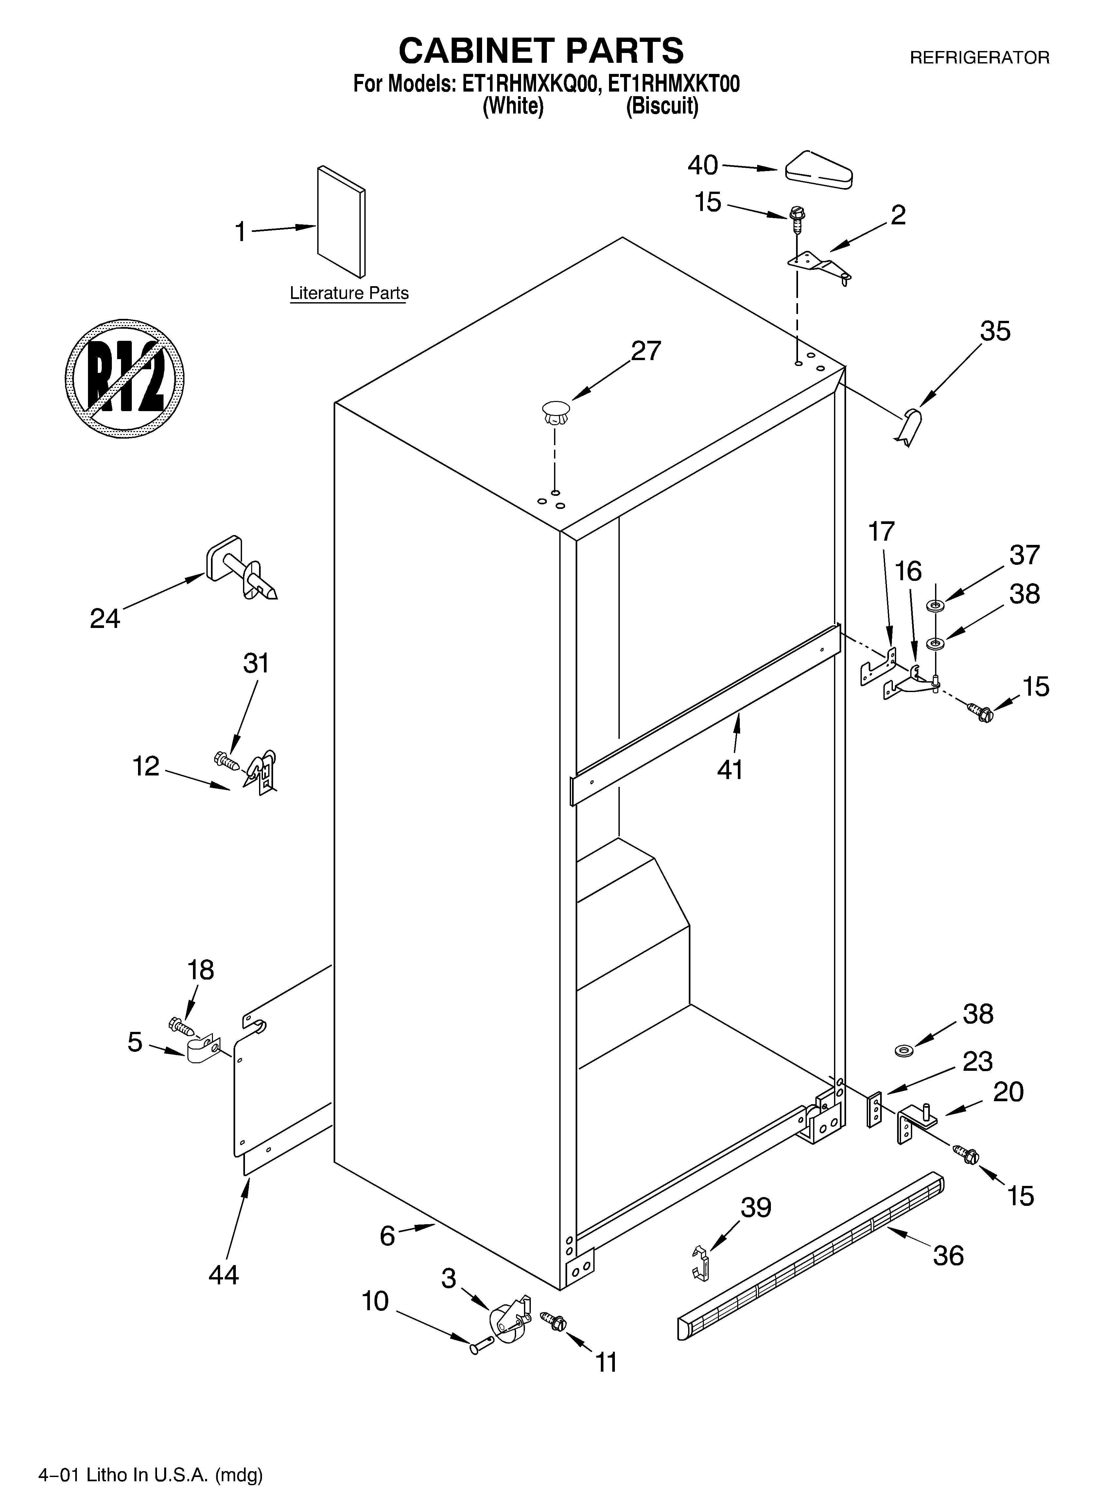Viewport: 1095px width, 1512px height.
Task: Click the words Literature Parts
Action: click(x=349, y=293)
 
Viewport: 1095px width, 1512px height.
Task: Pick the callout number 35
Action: click(x=995, y=331)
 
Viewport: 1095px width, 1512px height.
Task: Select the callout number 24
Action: click(x=105, y=619)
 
